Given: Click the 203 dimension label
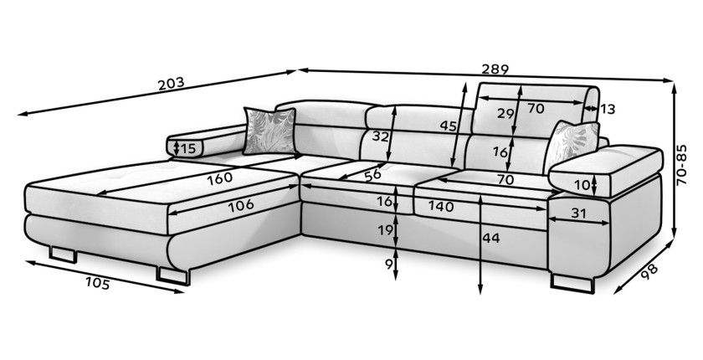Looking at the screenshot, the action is click(171, 84).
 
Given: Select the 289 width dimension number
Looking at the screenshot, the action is click(495, 69).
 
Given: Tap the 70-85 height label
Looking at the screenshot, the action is click(681, 165).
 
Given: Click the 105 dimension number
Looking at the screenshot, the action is click(97, 283).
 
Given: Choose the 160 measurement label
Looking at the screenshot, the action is click(219, 178).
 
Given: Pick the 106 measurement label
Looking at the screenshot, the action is click(241, 206).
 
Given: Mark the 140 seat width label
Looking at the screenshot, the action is click(441, 206).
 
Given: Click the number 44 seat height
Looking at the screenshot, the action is click(491, 238).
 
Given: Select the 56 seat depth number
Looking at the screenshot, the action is click(372, 174).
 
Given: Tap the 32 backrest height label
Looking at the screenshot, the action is click(380, 136).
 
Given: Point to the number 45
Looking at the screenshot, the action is click(448, 126).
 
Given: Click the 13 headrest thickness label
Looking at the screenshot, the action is click(607, 109).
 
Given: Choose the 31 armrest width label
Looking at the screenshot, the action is click(578, 213).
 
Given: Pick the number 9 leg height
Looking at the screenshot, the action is click(388, 265).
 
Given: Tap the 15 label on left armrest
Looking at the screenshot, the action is click(189, 148).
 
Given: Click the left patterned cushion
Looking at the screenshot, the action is click(269, 131).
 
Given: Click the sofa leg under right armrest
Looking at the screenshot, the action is click(572, 283).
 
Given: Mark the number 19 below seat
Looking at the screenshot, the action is click(385, 230).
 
